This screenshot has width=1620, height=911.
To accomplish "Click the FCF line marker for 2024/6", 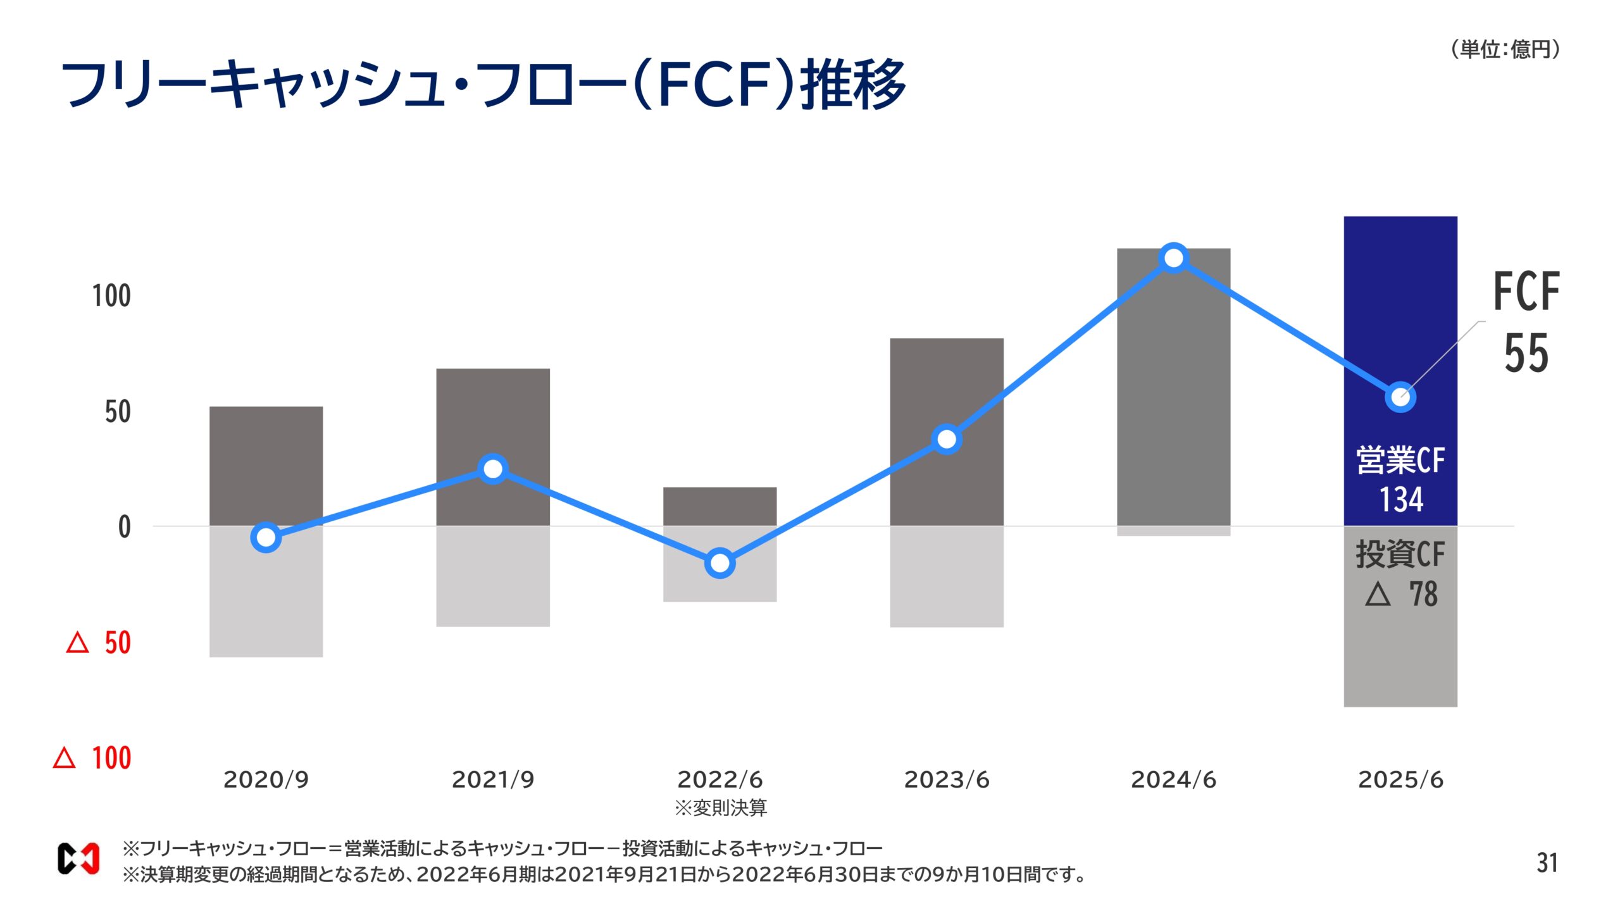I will (1173, 258).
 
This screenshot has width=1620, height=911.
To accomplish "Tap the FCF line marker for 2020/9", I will (266, 537).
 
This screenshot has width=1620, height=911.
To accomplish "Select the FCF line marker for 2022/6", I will (720, 562).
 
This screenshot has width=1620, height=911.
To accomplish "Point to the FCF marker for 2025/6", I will (1400, 397).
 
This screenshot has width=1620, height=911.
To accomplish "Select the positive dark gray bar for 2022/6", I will (720, 506).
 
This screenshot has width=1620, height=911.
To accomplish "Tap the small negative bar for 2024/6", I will (1173, 531).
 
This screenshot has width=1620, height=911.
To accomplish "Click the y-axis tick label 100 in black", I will (111, 296).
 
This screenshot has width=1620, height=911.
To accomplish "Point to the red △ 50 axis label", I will (99, 643).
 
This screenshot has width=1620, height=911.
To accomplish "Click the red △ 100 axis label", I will (93, 758).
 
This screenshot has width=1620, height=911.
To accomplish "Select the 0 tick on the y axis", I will (125, 527).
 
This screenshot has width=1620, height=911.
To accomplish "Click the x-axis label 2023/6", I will (946, 780).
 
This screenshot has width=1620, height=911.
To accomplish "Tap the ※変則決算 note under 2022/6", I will (720, 808).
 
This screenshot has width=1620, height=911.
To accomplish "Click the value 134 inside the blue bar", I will (1401, 500).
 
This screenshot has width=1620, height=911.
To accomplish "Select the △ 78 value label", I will (1401, 595).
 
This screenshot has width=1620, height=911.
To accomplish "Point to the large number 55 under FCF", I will (1526, 353).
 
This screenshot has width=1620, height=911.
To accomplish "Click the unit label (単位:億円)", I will (1505, 49).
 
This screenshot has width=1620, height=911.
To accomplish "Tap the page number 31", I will (1547, 863).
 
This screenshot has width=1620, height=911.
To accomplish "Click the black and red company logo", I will (78, 859).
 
